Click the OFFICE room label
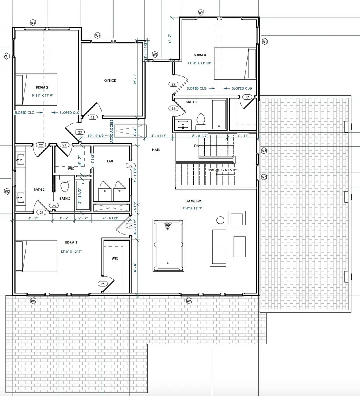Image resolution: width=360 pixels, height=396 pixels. click(110, 80)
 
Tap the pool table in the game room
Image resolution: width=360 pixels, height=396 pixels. click(168, 245)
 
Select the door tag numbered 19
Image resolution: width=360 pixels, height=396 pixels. click(92, 117)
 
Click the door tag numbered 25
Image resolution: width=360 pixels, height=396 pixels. click(102, 284)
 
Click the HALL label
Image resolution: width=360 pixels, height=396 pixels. click(156, 149)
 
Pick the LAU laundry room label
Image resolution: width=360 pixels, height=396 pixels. click(110, 161)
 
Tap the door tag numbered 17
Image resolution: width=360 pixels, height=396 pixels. click(247, 97)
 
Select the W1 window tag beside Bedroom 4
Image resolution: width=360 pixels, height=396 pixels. click(264, 42)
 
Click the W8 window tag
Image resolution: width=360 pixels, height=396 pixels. click(155, 54)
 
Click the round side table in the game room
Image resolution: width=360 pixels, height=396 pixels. click(220, 220)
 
